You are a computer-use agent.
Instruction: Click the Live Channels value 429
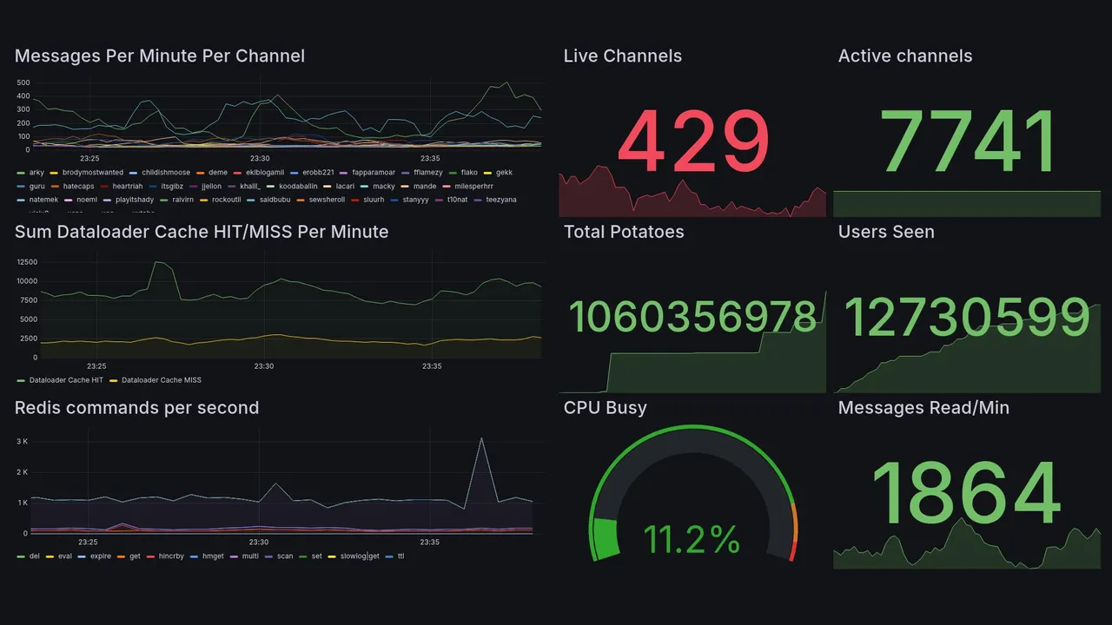(x=693, y=142)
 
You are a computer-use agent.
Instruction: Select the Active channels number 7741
(x=968, y=142)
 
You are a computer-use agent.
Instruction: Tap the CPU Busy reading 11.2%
(x=692, y=540)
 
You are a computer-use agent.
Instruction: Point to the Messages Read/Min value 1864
(x=966, y=494)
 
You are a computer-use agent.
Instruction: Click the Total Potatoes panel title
(x=624, y=232)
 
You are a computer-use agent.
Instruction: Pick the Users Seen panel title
(x=886, y=232)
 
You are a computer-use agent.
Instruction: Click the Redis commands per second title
(x=137, y=408)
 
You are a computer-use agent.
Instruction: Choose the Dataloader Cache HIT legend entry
(x=66, y=380)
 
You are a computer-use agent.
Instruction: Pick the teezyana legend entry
(x=499, y=200)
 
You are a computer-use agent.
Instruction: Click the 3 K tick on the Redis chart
(x=23, y=442)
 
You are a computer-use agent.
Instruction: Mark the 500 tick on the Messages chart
(x=23, y=83)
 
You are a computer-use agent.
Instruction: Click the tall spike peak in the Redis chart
(x=481, y=438)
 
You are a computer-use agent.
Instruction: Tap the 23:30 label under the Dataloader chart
(x=264, y=366)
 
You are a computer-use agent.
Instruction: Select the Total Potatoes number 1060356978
(x=693, y=318)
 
